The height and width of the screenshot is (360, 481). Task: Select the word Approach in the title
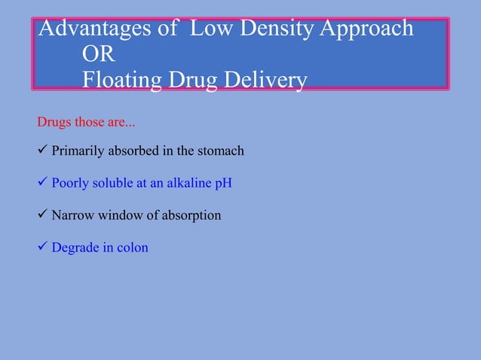(x=366, y=29)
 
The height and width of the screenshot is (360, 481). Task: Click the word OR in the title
(x=98, y=54)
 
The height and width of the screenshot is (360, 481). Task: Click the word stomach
(x=221, y=151)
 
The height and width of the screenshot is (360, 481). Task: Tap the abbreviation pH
(x=223, y=184)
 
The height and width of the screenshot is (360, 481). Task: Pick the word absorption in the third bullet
(x=191, y=216)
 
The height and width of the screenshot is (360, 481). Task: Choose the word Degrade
(x=74, y=248)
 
